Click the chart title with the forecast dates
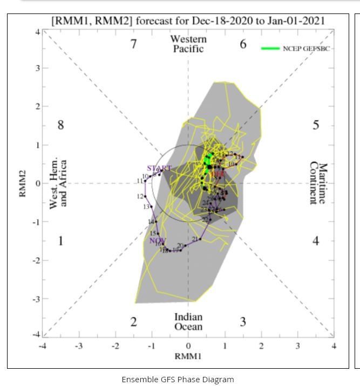click(188, 21)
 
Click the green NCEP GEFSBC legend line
click(270, 49)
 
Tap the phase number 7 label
click(134, 44)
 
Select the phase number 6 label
click(243, 44)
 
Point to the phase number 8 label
click(61, 125)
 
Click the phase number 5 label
click(316, 125)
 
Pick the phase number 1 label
click(61, 240)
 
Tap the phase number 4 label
click(316, 240)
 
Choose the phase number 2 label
click(134, 322)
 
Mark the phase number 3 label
click(243, 322)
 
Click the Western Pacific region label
click(188, 44)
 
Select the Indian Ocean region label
click(188, 322)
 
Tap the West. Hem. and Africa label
click(58, 184)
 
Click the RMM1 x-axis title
click(188, 356)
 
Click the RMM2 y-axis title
click(23, 183)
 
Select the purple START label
click(159, 169)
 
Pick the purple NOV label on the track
click(158, 240)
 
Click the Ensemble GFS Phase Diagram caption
click(178, 380)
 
